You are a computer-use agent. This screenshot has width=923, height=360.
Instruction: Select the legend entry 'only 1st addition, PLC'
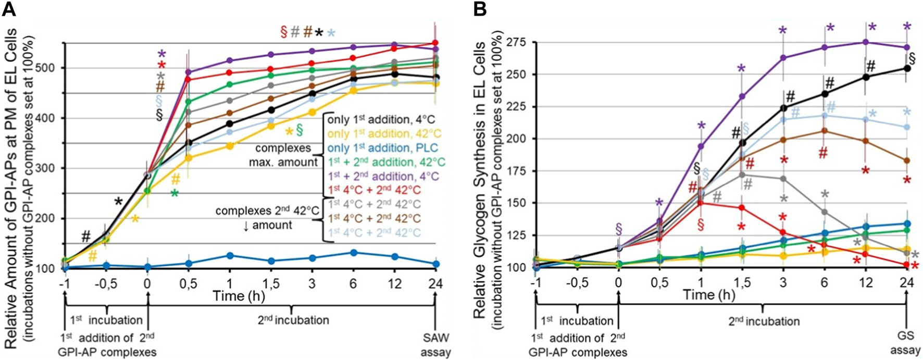tap(375, 147)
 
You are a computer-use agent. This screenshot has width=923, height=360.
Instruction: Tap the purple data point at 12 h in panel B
tap(866, 42)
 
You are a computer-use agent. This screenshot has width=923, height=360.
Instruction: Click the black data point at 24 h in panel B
tap(907, 68)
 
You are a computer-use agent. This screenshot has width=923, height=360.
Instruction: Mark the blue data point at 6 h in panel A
tap(353, 253)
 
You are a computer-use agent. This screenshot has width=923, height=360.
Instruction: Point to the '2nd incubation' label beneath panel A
tap(293, 319)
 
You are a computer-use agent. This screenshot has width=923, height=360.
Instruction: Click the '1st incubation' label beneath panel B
tap(577, 320)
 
